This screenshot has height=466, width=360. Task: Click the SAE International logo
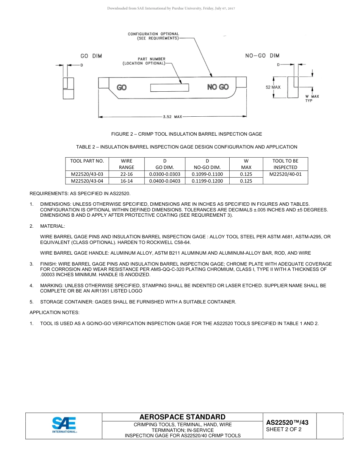(x=64, y=425)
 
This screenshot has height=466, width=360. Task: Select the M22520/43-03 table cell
(x=87, y=174)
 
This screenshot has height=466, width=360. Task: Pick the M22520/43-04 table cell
(x=87, y=181)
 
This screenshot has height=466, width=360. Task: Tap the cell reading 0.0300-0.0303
(x=165, y=174)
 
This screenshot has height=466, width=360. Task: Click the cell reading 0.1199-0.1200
(x=207, y=181)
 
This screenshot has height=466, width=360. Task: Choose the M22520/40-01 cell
(x=285, y=174)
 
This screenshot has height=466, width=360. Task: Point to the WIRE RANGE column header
(x=127, y=164)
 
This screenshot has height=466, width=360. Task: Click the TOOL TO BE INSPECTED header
(x=285, y=164)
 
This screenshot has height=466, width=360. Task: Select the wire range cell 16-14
(x=127, y=181)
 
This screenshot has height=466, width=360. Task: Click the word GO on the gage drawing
(x=122, y=88)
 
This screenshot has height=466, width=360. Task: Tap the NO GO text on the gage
(x=218, y=87)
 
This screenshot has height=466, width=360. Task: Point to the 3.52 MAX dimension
(x=172, y=117)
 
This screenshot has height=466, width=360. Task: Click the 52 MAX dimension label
(x=273, y=87)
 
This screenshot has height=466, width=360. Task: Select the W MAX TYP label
(x=312, y=99)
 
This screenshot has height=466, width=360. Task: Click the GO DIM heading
(x=91, y=56)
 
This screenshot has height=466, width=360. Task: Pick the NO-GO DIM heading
(x=262, y=56)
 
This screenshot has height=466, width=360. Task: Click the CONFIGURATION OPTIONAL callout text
(x=153, y=36)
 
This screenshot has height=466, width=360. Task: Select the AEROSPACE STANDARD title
(x=182, y=417)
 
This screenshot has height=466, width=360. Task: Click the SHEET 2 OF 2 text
(x=284, y=429)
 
